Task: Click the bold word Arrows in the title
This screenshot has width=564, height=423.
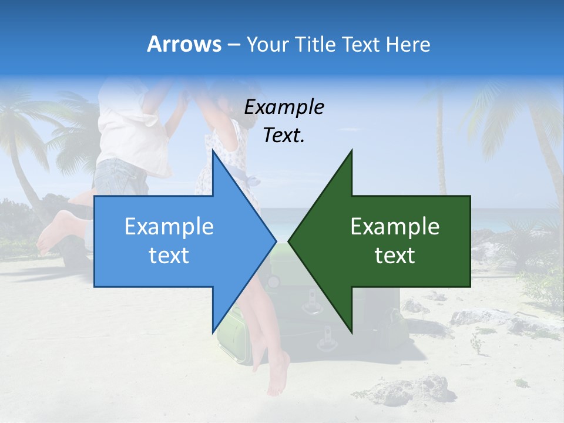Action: tap(184, 44)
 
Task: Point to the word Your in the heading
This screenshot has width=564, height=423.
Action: tap(267, 44)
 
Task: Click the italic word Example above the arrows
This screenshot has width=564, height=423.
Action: tap(284, 107)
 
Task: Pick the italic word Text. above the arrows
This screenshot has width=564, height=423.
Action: tap(284, 135)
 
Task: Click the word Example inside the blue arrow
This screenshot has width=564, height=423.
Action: tap(169, 226)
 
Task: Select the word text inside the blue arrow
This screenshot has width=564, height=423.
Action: tap(169, 256)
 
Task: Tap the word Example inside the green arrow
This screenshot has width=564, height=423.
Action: tap(395, 226)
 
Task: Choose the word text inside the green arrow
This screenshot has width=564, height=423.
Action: tap(395, 256)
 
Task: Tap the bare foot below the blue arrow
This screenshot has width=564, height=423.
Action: tap(277, 373)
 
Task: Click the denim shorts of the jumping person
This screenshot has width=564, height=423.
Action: tap(120, 176)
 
